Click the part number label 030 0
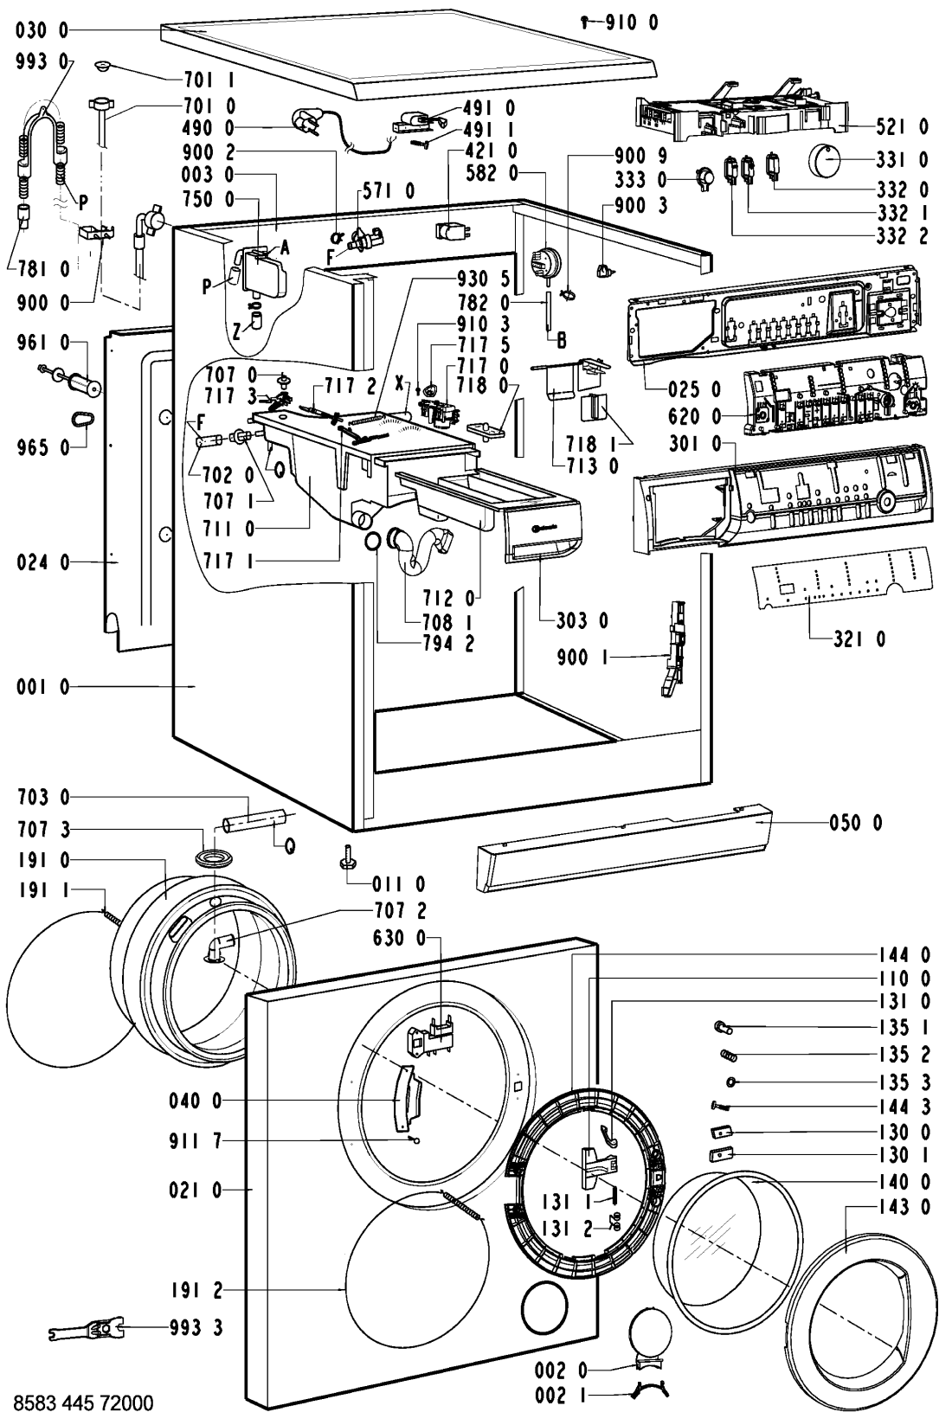pyautogui.click(x=42, y=30)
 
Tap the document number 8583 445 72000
pyautogui.click(x=83, y=1403)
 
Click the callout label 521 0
pyautogui.click(x=903, y=127)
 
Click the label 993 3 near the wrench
pyautogui.click(x=196, y=1328)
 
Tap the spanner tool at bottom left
pyautogui.click(x=87, y=1330)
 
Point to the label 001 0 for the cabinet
pyautogui.click(x=42, y=687)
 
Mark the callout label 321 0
pyautogui.click(x=859, y=639)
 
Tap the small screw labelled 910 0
pyautogui.click(x=584, y=23)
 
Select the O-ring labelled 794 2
pyautogui.click(x=373, y=541)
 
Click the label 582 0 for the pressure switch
pyautogui.click(x=492, y=172)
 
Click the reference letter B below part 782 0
pyautogui.click(x=562, y=341)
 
